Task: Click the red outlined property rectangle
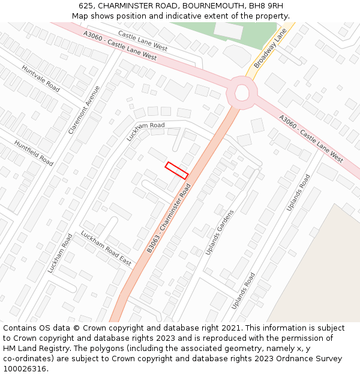click(177, 170)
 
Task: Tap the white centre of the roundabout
click(242, 92)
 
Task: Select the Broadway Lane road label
click(271, 50)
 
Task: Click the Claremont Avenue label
click(85, 109)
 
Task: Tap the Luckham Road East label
click(106, 248)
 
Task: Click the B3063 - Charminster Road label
click(169, 219)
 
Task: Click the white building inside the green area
click(229, 30)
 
